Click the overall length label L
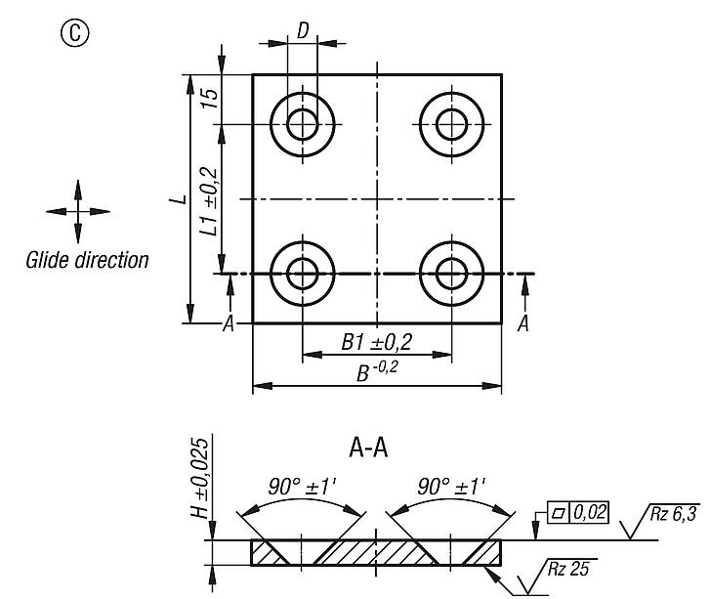(176, 198)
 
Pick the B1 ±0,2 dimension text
(376, 341)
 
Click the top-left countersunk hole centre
(303, 124)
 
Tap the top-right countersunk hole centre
(452, 124)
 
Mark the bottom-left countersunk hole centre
(303, 274)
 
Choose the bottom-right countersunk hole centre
(452, 274)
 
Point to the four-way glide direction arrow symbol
(78, 211)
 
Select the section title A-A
(369, 449)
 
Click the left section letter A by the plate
(229, 324)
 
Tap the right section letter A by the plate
(522, 324)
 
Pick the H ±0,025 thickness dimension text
(199, 478)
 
